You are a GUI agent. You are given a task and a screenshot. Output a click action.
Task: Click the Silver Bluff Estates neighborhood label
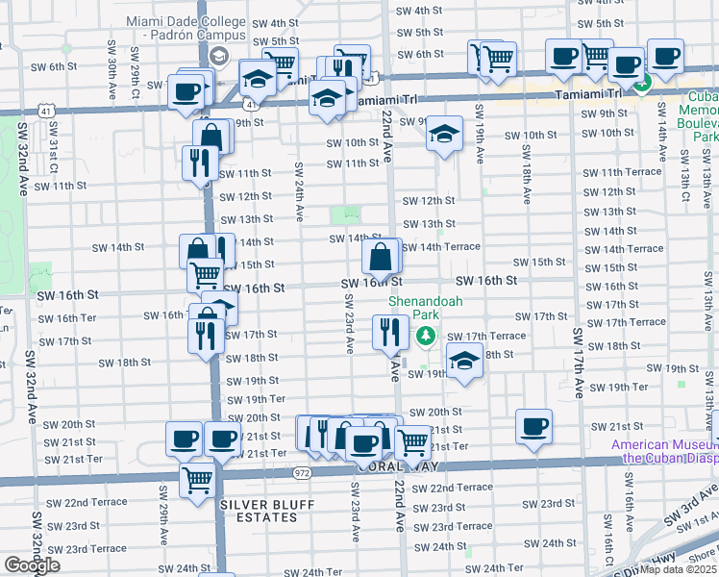click(259, 511)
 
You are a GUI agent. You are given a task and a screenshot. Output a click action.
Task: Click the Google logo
click(32, 565)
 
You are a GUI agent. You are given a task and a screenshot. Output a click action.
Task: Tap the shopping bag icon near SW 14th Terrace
click(382, 257)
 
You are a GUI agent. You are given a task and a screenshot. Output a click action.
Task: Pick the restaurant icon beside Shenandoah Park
click(390, 333)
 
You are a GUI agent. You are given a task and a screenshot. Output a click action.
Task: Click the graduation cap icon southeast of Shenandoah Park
click(464, 362)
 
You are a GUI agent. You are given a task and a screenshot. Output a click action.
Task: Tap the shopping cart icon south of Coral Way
click(198, 478)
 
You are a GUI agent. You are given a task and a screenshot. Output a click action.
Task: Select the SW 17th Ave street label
click(579, 361)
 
